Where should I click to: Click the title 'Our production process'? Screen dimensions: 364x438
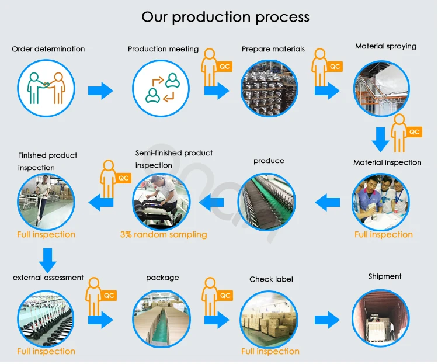point(225,16)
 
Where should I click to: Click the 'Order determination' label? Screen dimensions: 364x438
point(48,49)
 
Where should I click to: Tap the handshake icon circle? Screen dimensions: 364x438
point(46,88)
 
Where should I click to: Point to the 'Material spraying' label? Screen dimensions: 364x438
point(385,46)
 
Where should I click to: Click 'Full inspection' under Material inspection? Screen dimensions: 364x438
point(384,235)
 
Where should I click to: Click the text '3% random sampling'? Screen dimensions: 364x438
point(164,235)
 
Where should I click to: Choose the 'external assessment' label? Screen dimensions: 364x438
point(48,278)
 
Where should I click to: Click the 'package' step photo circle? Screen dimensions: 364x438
point(161,318)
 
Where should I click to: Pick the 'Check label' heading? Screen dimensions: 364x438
point(271,279)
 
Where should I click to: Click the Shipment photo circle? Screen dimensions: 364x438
point(381,318)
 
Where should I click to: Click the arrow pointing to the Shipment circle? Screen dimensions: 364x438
point(326,320)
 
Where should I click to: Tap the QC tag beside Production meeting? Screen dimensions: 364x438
point(225,67)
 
